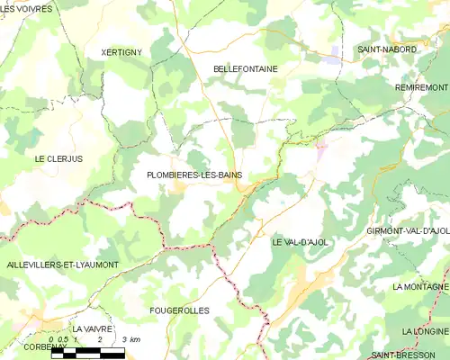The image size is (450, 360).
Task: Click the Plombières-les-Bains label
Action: (193, 175)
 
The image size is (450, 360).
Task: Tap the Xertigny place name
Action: (121, 53)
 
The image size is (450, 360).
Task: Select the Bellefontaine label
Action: (246, 68)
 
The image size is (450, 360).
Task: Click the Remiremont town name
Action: (421, 87)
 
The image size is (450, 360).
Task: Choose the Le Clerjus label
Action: (58, 159)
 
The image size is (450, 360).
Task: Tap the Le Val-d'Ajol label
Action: (302, 243)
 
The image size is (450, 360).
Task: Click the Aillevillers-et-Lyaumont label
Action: (62, 265)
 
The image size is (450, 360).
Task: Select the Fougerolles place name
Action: (179, 310)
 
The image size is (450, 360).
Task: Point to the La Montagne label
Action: (420, 286)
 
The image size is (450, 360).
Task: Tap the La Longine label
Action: (425, 331)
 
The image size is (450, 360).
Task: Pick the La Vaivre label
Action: (96, 329)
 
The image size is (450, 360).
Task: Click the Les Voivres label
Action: (27, 8)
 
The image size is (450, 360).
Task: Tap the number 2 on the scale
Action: (98, 341)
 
